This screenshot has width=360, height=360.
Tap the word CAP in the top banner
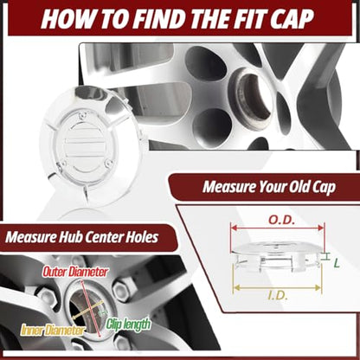pos(292,18)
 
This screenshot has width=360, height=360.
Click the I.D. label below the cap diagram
pos(278,296)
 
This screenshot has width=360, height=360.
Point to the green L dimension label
pos(337,263)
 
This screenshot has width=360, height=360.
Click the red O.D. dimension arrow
pos(278,228)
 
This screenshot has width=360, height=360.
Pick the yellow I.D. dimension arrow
pos(277,287)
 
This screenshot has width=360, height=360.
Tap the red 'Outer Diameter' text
pos(75,272)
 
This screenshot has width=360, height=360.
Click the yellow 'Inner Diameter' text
pos(54,330)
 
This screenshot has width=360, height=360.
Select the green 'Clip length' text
pos(128,325)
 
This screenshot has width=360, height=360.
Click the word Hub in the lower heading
pos(70,237)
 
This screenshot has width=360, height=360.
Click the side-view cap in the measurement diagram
pos(277,255)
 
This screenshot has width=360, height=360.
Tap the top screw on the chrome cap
pos(82,117)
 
